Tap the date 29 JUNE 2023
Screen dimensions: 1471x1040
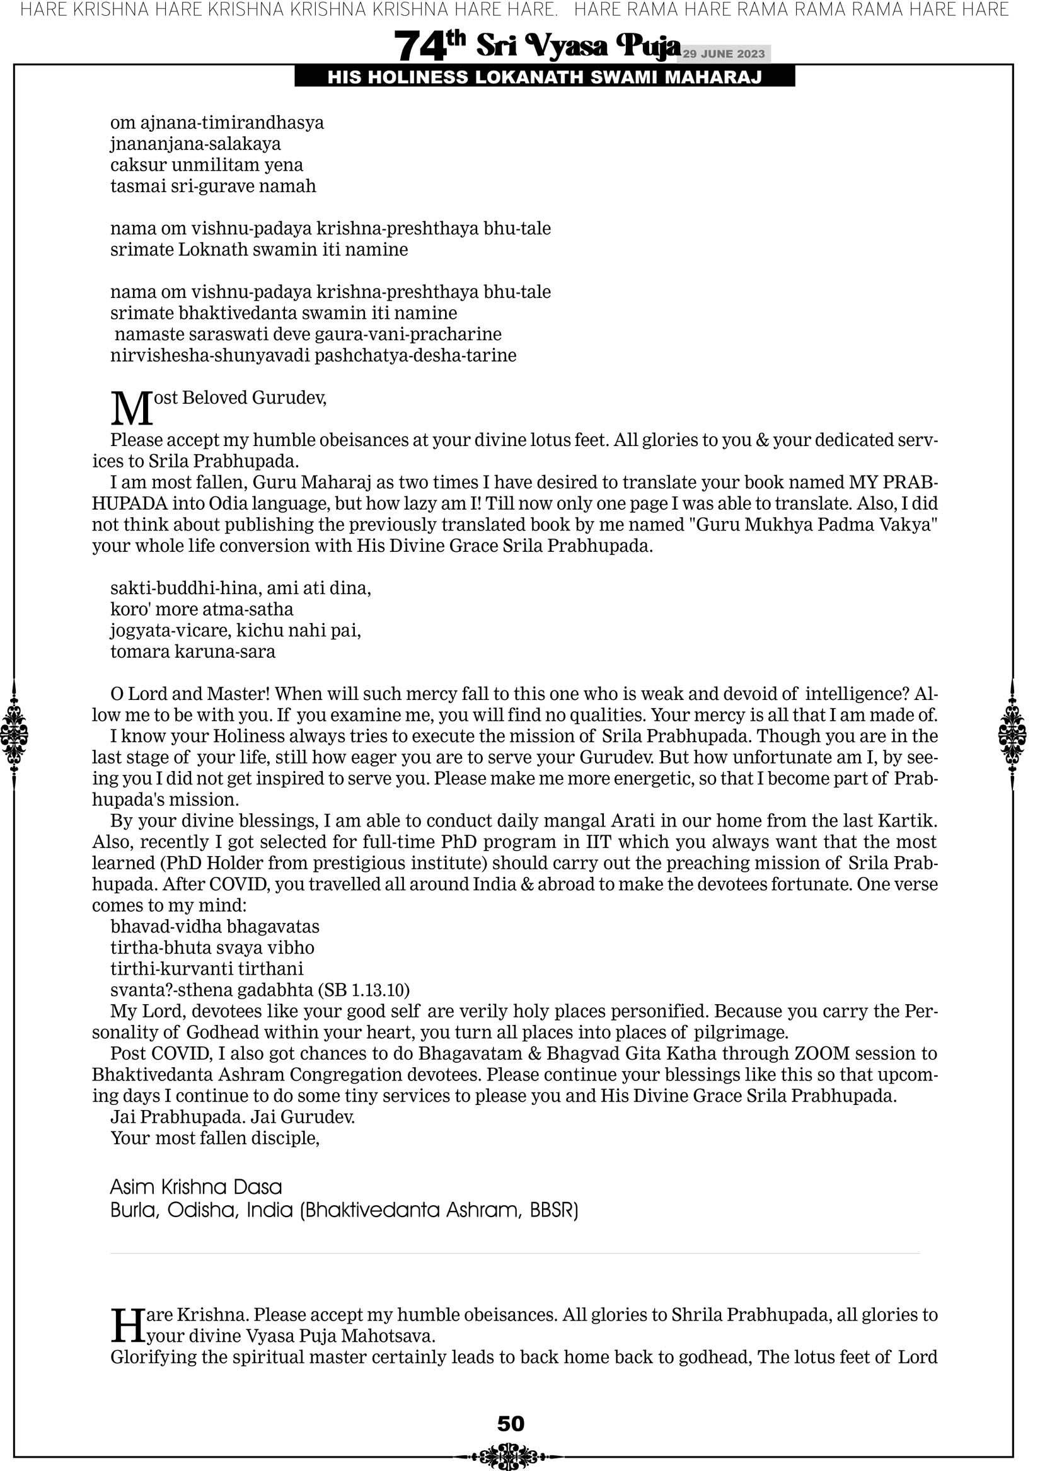pyautogui.click(x=724, y=54)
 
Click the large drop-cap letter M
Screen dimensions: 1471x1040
pyautogui.click(x=132, y=408)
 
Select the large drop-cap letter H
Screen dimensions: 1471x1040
pyautogui.click(x=127, y=1325)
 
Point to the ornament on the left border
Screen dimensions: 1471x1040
pyautogui.click(x=14, y=734)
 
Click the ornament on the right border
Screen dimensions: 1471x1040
pyautogui.click(x=1012, y=734)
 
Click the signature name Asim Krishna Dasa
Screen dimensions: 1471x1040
pyautogui.click(x=195, y=1187)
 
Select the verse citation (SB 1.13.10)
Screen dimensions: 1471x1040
pyautogui.click(x=364, y=990)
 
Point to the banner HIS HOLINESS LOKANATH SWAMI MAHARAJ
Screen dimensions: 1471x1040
pyautogui.click(x=545, y=77)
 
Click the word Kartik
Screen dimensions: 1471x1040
pyautogui.click(x=906, y=821)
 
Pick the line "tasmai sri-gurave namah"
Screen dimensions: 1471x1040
pyautogui.click(x=213, y=186)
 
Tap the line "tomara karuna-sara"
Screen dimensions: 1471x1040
pyautogui.click(x=192, y=651)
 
